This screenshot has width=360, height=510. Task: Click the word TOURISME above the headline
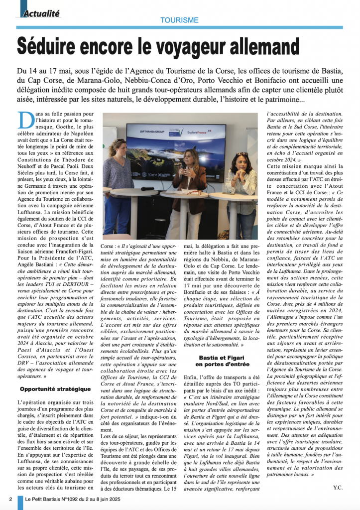[180, 20]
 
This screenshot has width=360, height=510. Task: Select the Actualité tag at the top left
[42, 13]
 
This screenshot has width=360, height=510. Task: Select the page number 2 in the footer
[11, 500]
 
